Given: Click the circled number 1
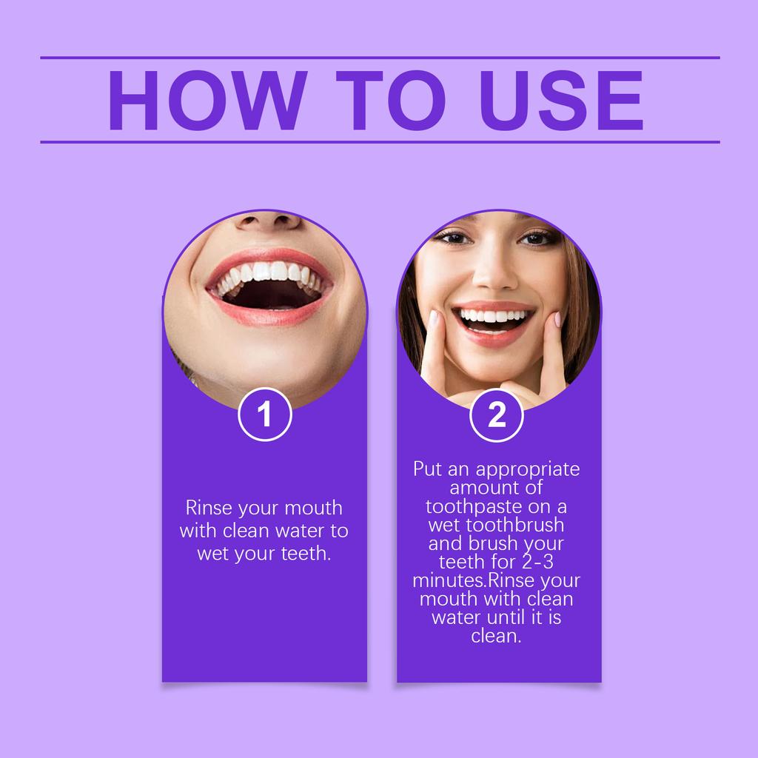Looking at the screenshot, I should [x=265, y=415].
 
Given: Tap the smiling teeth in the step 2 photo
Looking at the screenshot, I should [x=494, y=317].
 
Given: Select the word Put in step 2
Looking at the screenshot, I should [x=428, y=469].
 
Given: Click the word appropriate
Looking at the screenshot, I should [x=528, y=469].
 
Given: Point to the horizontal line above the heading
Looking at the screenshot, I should [x=379, y=58].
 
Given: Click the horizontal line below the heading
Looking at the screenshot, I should [x=379, y=141].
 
